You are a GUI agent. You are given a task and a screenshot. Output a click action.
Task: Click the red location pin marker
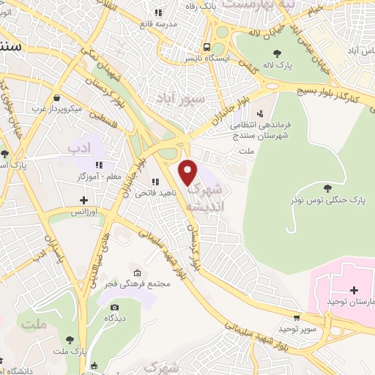pyautogui.click(x=188, y=171)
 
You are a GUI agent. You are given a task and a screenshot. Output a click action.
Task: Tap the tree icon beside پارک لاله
pyautogui.click(x=276, y=52)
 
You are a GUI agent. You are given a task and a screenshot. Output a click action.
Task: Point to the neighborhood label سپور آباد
pyautogui.click(x=173, y=97)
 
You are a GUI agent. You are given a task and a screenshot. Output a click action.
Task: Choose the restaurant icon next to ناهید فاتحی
pyautogui.click(x=155, y=182)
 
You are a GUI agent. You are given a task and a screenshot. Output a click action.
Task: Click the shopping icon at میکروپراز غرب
pyautogui.click(x=56, y=97)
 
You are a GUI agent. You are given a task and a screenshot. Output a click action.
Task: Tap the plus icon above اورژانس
pyautogui.click(x=84, y=199)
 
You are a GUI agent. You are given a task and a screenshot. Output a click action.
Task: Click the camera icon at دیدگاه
pyautogui.click(x=114, y=307)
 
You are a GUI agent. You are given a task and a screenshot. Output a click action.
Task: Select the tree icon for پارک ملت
pyautogui.click(x=70, y=339)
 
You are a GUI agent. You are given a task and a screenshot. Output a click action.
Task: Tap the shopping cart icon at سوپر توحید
pyautogui.click(x=296, y=318)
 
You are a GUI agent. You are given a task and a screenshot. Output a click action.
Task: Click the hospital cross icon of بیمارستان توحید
pyautogui.click(x=354, y=289)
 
